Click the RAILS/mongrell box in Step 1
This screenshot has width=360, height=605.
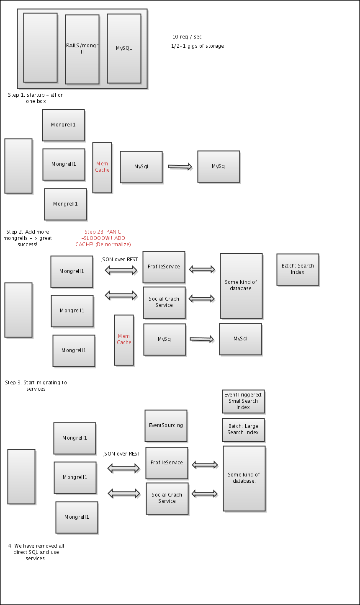[x=82, y=49]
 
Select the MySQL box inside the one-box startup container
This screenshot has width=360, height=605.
[x=124, y=48]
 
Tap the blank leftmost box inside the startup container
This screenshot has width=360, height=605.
[x=40, y=47]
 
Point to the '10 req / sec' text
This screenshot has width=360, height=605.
[x=187, y=37]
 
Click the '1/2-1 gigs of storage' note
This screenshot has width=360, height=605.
[x=197, y=46]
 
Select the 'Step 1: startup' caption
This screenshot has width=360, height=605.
[x=36, y=98]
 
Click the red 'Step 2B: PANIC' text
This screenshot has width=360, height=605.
[x=103, y=238]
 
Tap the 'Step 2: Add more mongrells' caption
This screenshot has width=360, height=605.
[x=28, y=238]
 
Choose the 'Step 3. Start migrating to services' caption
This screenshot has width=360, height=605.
[x=36, y=386]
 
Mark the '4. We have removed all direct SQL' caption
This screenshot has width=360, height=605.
[x=36, y=552]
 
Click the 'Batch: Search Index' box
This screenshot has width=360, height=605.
[x=298, y=269]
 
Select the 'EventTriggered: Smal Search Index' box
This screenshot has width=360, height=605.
[x=243, y=401]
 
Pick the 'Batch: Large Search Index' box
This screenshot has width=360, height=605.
[x=243, y=430]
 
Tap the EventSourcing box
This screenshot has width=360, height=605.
[x=166, y=425]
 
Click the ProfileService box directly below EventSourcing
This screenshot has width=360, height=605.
[x=167, y=463]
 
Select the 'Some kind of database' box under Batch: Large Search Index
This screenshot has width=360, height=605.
[x=244, y=478]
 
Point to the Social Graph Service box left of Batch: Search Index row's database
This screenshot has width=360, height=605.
[x=164, y=302]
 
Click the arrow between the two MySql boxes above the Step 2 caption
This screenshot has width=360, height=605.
[x=180, y=167]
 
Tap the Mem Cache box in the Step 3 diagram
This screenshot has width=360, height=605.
[x=124, y=340]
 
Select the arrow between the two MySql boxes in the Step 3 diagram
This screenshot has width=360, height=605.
[x=202, y=339]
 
